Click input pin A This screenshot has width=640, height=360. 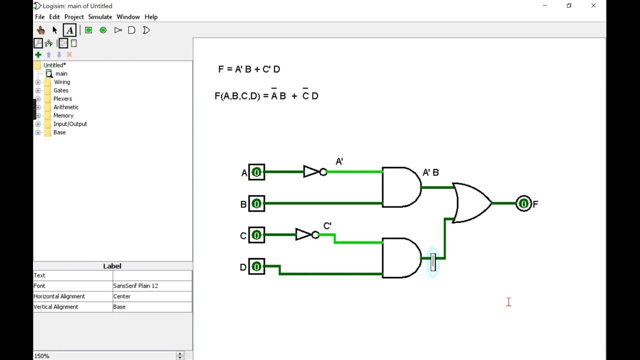(256, 172)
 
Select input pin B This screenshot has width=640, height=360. (256, 204)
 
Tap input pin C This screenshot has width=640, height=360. (256, 235)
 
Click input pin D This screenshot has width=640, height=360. (256, 266)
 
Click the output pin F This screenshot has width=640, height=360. (523, 203)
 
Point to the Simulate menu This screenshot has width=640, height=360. (100, 17)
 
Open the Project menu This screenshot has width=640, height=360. (74, 17)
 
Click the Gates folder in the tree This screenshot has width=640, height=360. (60, 90)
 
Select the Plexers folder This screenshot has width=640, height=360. (62, 99)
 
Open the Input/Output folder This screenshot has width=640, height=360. (70, 124)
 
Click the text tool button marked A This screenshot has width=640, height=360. (69, 30)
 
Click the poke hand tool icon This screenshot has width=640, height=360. (40, 30)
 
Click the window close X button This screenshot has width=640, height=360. (593, 6)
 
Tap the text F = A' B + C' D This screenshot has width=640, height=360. (249, 69)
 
